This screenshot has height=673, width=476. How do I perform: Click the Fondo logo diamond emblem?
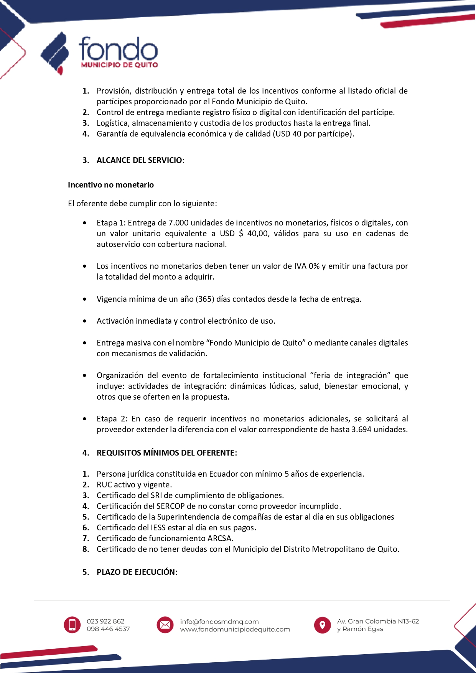point(55,53)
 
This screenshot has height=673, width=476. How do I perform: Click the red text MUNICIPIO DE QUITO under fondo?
point(119,65)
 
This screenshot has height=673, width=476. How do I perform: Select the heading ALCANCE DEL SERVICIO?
point(140,160)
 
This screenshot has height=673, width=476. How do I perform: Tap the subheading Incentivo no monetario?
point(110,185)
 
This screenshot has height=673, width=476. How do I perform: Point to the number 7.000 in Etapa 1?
point(178,223)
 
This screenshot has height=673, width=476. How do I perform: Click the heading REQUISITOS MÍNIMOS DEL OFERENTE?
point(166,453)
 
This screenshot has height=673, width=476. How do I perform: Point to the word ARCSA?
point(220,538)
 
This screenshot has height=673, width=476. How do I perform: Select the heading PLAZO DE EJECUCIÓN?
point(137,572)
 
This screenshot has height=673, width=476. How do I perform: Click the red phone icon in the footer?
point(72,625)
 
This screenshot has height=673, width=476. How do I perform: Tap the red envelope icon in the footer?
point(165,625)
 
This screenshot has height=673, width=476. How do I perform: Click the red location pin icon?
point(322,625)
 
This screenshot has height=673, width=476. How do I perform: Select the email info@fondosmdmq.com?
point(219,622)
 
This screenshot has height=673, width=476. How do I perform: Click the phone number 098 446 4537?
point(108,629)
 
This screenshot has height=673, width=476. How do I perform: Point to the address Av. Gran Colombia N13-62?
point(378,621)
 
